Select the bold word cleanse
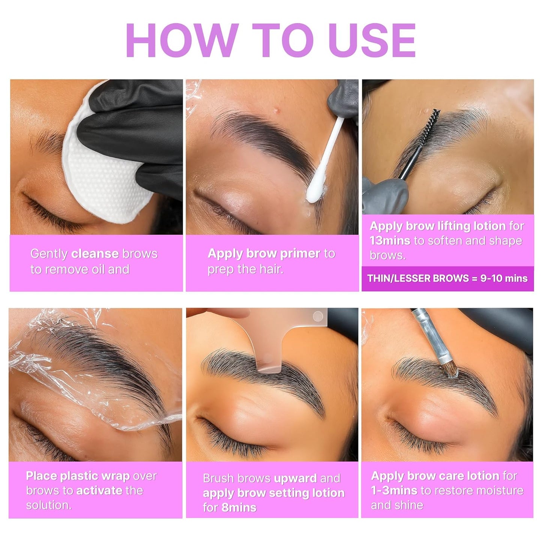coord(95,254)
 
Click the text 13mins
coord(390,240)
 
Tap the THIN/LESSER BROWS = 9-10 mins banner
coord(447,278)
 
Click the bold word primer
coord(300,254)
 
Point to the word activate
coord(99,491)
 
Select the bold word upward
coord(295,478)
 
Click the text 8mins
coord(239,507)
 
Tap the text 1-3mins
coord(394,491)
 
